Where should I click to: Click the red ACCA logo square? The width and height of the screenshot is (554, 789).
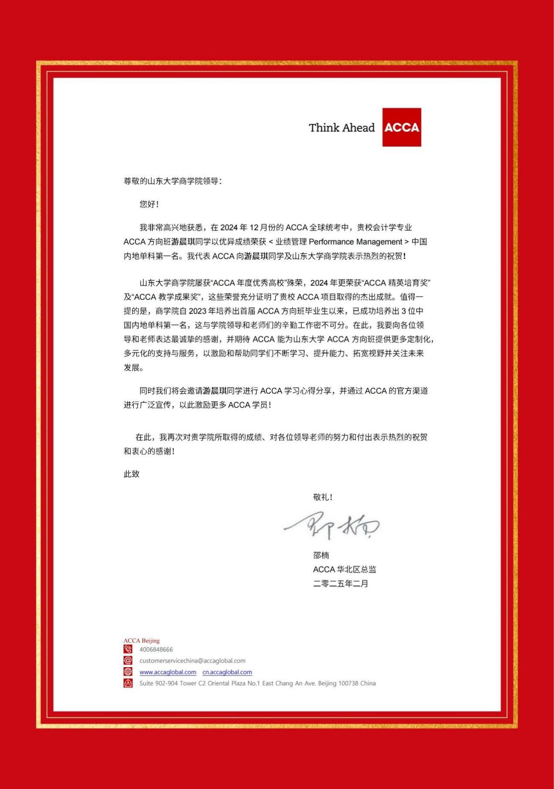point(402,127)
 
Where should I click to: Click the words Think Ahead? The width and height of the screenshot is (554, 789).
point(341,128)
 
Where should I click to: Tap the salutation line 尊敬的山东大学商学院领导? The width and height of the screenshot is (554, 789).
point(172,181)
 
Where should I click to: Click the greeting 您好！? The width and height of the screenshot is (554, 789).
point(149,204)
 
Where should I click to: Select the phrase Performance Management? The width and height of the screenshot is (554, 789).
point(355,242)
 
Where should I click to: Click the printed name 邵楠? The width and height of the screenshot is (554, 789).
point(321,555)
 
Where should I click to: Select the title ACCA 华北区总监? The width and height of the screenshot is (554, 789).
point(344,569)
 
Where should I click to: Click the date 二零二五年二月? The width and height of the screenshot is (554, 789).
point(341,584)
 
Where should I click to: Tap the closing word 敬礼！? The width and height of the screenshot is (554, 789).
point(323,497)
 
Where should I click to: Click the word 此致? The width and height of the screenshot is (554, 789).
point(131,474)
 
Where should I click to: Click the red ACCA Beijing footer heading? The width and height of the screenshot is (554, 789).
point(141,640)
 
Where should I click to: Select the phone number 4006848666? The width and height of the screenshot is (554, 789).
point(156,650)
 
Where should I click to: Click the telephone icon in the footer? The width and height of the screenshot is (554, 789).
point(128,650)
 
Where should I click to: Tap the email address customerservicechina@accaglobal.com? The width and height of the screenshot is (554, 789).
point(193,661)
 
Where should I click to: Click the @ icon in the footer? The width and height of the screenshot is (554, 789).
point(128,661)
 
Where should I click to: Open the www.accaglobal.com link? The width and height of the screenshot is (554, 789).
point(168,672)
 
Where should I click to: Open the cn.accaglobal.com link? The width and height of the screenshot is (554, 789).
point(227,672)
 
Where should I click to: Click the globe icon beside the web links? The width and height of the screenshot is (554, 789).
point(128,672)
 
